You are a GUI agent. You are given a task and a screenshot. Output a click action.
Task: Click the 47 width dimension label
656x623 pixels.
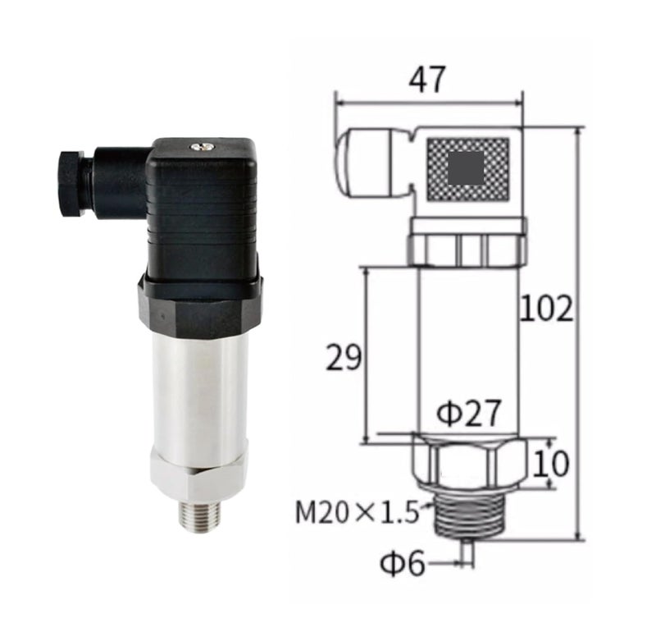click(426, 80)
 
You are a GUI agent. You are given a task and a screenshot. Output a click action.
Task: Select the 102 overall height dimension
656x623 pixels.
click(545, 309)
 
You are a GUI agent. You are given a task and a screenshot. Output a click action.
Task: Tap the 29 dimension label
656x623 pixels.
click(343, 357)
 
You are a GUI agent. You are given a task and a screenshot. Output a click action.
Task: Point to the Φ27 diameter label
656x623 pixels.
click(468, 412)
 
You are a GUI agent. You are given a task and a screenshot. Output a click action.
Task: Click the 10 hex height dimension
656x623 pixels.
click(551, 464)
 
